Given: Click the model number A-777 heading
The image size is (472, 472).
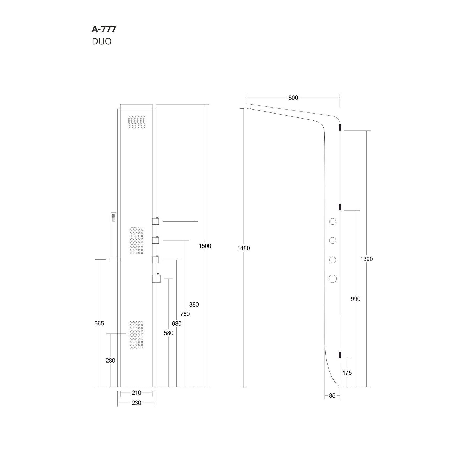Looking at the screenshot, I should tap(104, 29).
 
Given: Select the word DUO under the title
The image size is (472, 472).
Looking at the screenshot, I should tap(102, 41).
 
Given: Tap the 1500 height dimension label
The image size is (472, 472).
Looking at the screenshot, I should tap(205, 246).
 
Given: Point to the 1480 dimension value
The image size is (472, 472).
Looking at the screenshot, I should tap(244, 248).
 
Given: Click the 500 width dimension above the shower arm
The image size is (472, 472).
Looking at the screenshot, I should tap(293, 98).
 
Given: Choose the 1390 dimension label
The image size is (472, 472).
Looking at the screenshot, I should tap(366, 259).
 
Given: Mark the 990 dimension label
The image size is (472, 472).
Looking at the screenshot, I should tap(356, 299).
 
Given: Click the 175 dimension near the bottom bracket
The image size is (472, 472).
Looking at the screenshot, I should tap(347, 373).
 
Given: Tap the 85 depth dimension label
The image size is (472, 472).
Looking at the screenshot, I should tap(332, 396).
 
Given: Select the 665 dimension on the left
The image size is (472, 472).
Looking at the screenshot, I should tap(99, 324).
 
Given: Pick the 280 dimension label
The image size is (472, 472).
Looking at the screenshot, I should tap(110, 361).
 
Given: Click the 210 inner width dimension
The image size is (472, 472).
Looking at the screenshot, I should tap(136, 393).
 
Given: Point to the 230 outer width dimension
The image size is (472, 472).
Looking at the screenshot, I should tap(136, 403).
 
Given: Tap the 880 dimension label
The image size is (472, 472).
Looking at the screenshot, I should tap(194, 304).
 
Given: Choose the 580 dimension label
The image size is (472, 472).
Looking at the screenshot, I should tap(169, 333).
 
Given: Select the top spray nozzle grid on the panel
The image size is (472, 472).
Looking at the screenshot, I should tap(136, 122).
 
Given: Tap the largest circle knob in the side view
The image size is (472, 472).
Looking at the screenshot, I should tap(332, 278).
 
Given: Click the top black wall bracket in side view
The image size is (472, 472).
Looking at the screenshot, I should tap(340, 127).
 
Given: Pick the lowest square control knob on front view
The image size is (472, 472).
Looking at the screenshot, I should tap(156, 278).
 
